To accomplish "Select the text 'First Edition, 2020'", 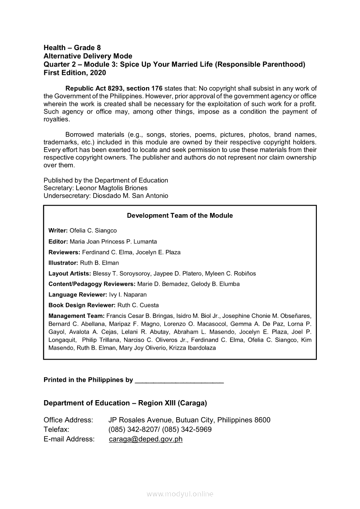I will [x=75, y=73].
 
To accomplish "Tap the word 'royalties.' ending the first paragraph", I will [x=57, y=119].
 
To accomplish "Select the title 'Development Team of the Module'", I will [x=180, y=216].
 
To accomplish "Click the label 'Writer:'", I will [x=58, y=230].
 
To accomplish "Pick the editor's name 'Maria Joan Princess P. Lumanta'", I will [x=113, y=241].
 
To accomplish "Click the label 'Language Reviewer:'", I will [x=78, y=295].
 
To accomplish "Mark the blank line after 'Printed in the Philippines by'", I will [x=180, y=380].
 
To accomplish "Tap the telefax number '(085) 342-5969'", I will [x=188, y=429].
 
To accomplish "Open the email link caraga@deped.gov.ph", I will [x=146, y=439].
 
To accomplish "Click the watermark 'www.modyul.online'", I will [x=180, y=494].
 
